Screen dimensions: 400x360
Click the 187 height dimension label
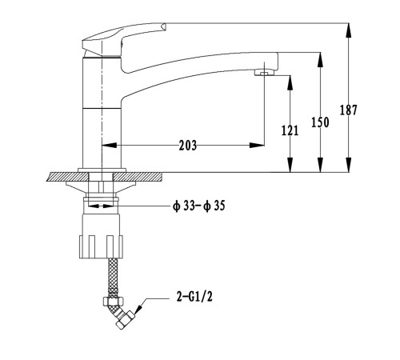pyautogui.click(x=348, y=110)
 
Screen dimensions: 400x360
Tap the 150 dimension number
pyautogui.click(x=320, y=122)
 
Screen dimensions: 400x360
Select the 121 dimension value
pyautogui.click(x=290, y=130)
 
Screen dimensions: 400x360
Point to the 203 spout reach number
pyautogui.click(x=188, y=146)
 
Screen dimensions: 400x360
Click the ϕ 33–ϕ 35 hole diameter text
pyautogui.click(x=199, y=206)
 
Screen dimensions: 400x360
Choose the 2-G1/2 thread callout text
pyautogui.click(x=194, y=297)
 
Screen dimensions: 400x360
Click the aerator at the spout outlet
pyautogui.click(x=264, y=72)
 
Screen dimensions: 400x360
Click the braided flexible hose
pyautogui.click(x=113, y=278)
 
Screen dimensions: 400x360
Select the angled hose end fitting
pyautogui.click(x=125, y=319)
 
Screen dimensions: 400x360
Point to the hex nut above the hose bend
pyautogui.click(x=114, y=302)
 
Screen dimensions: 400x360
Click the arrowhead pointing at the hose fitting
pyautogui.click(x=139, y=309)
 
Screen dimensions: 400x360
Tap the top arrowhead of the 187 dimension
pyautogui.click(x=348, y=30)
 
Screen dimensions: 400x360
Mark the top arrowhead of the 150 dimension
pyautogui.click(x=320, y=59)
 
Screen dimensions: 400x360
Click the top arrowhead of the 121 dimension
pyautogui.click(x=290, y=82)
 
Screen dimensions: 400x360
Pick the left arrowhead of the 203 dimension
pyautogui.click(x=110, y=146)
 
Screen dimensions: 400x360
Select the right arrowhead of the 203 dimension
pyautogui.click(x=257, y=146)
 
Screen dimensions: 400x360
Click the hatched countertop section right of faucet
pyautogui.click(x=137, y=177)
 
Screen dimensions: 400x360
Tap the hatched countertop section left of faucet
pyautogui.click(x=67, y=177)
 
